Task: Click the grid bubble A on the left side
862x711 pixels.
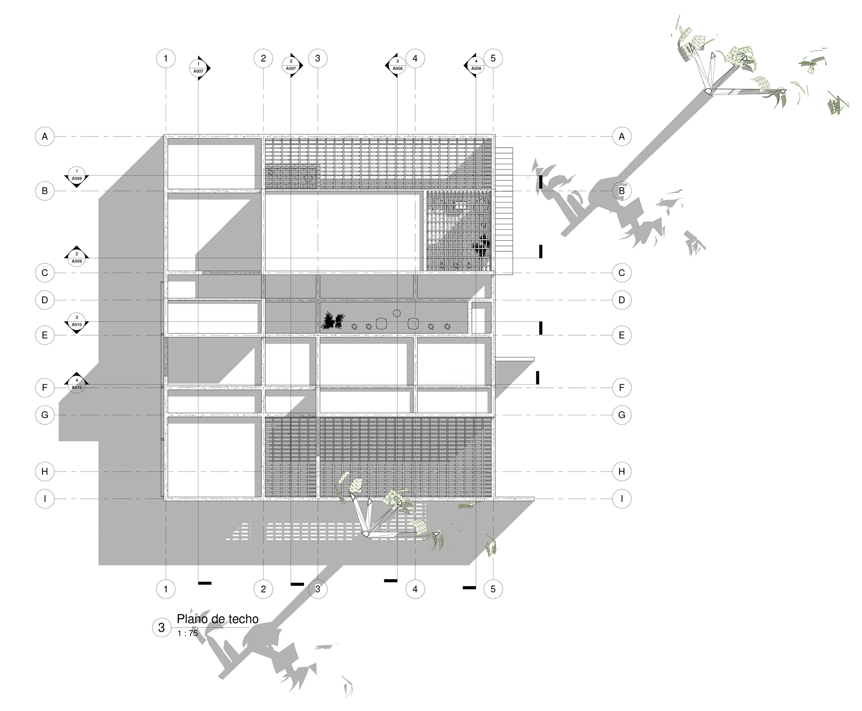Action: tap(45, 136)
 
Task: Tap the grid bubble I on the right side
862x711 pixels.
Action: tap(622, 499)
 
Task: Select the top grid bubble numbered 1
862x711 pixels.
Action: tap(166, 58)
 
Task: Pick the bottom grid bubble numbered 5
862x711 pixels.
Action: tap(493, 589)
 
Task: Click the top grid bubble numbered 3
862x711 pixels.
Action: tap(318, 58)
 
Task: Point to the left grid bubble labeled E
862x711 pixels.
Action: tap(45, 335)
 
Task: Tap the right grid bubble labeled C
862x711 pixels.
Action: tap(622, 272)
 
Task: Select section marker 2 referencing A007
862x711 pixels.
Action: tap(291, 65)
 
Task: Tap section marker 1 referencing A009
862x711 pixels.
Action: tap(77, 175)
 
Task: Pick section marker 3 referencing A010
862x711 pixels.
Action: tap(77, 321)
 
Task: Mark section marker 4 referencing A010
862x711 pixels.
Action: tap(77, 384)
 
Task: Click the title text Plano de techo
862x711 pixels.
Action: tap(217, 619)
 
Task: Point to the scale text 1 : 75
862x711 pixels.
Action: tap(188, 633)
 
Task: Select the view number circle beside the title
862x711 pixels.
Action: tap(162, 627)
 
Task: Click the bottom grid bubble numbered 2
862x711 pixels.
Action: tap(263, 589)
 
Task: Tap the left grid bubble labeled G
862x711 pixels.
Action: tap(45, 415)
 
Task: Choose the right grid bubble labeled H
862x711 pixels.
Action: tap(622, 471)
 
